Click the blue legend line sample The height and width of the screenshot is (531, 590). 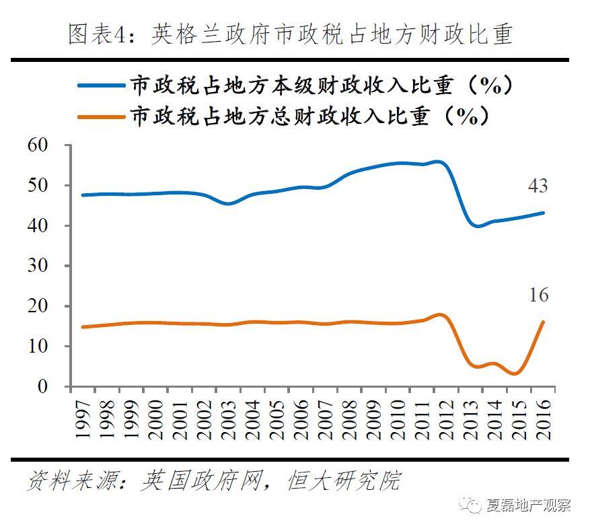click(102, 85)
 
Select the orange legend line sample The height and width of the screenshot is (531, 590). click(102, 116)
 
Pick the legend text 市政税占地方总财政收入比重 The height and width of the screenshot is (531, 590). click(309, 116)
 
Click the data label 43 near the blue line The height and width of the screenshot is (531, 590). click(538, 186)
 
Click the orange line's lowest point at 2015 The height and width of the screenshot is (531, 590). click(515, 374)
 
